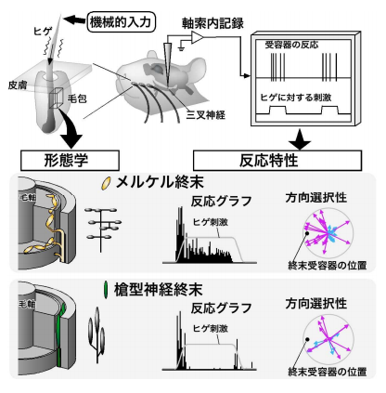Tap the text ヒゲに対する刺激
coord(300,97)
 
